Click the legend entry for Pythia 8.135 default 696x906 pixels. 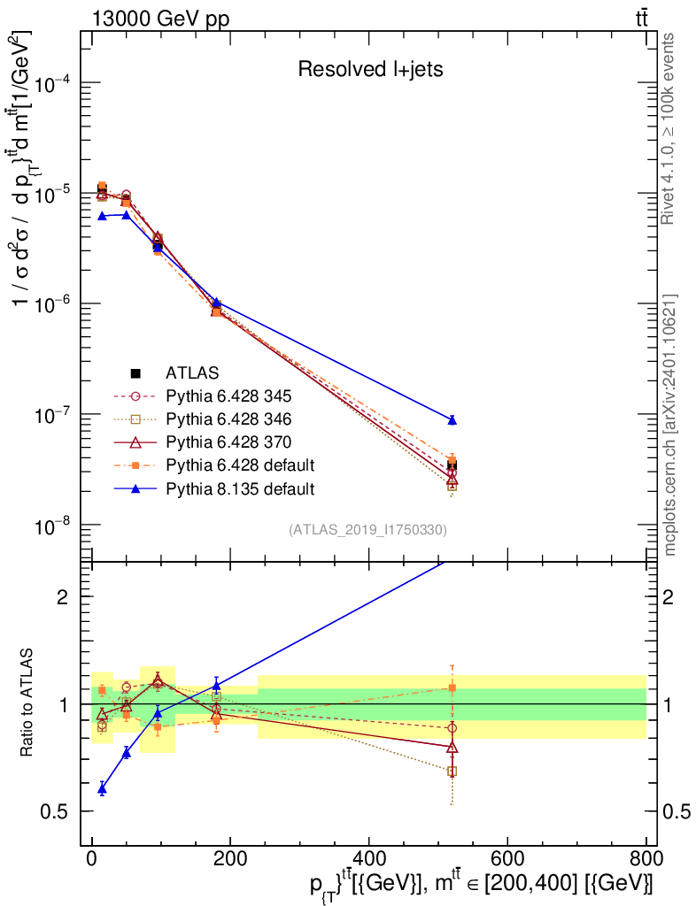(214, 488)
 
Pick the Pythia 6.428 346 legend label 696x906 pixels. (229, 418)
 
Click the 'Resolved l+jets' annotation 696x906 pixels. (370, 69)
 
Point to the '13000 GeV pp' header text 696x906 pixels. (160, 19)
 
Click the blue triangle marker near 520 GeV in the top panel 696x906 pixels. (452, 420)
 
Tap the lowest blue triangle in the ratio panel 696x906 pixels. (103, 788)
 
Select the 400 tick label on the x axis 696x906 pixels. (369, 858)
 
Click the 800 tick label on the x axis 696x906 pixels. (646, 858)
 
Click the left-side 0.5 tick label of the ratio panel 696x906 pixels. (54, 812)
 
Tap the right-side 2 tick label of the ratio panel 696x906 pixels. (668, 597)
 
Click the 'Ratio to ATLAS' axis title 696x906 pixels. (27, 703)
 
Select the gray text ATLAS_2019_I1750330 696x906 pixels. (367, 530)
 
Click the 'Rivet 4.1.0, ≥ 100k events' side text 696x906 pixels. (668, 128)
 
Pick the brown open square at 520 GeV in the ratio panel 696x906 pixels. (452, 772)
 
